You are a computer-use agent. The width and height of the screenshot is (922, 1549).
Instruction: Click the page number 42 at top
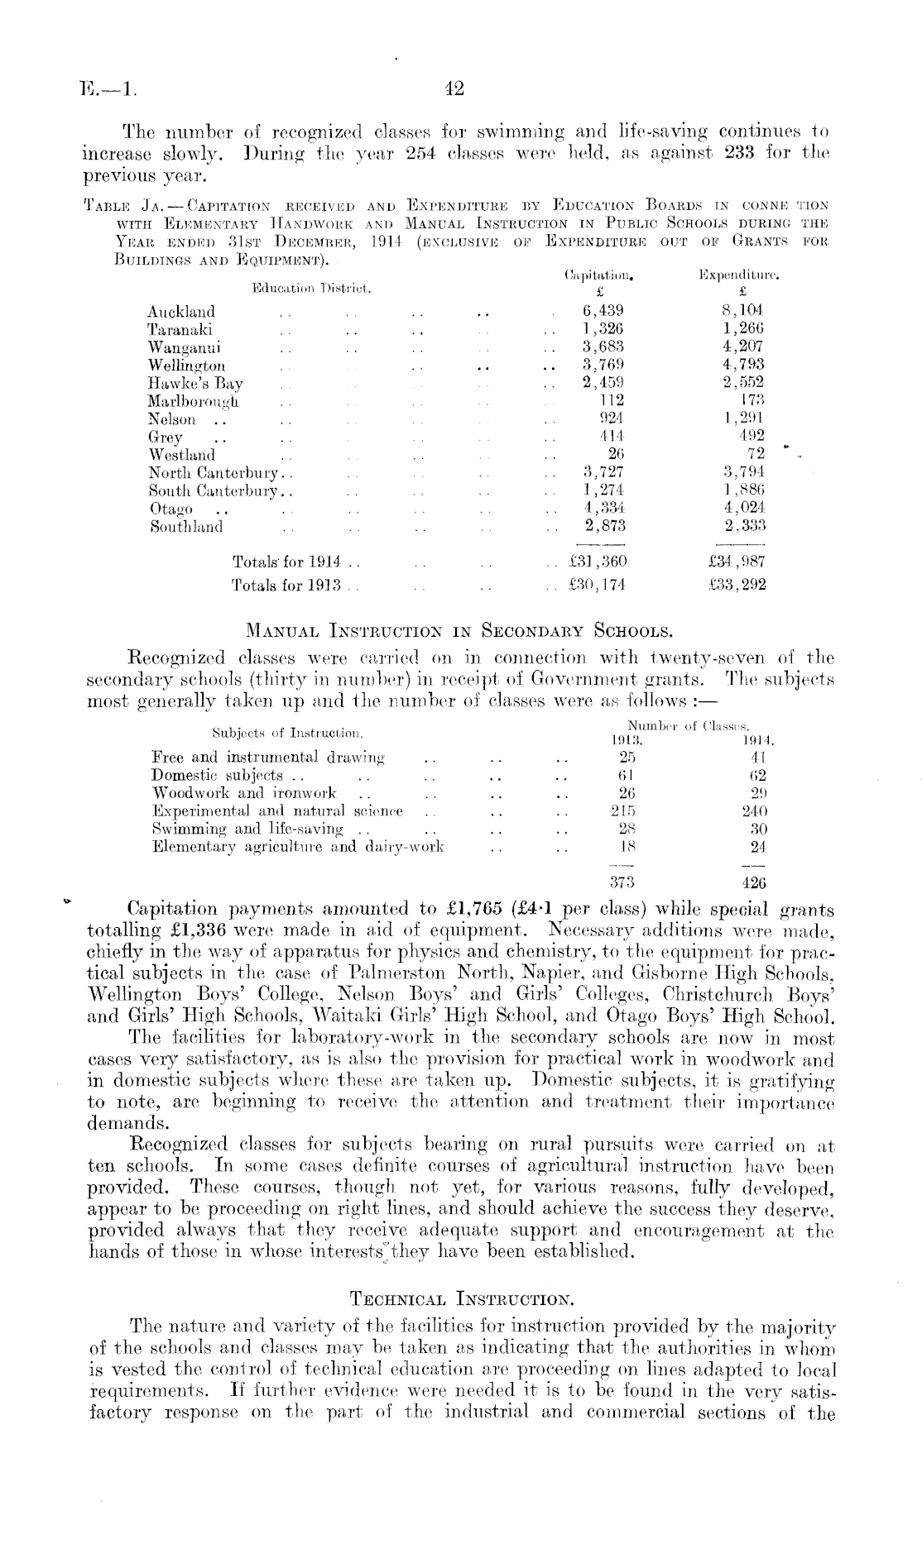(454, 88)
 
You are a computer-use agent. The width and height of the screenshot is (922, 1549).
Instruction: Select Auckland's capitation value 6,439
(602, 311)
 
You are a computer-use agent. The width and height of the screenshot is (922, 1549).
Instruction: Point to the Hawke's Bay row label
(195, 383)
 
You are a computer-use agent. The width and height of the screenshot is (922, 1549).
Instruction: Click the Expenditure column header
(741, 271)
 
